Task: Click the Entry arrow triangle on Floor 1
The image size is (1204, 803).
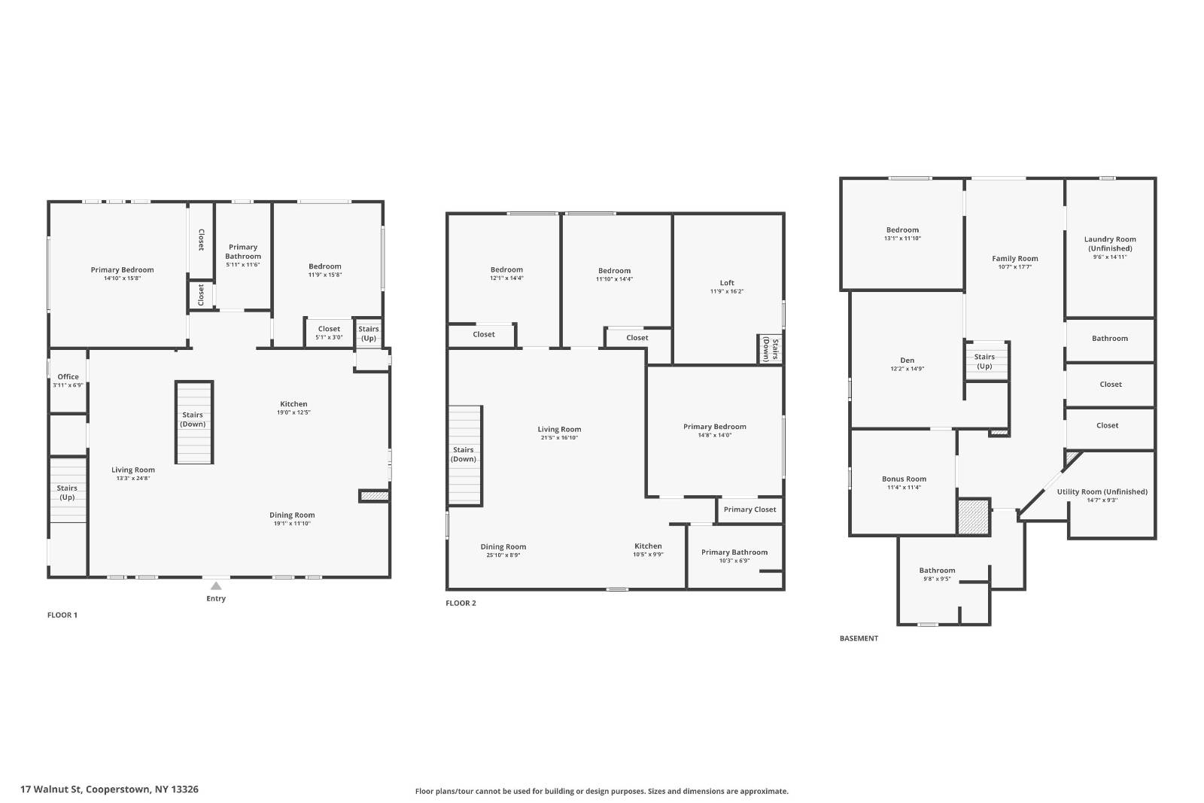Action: (x=216, y=586)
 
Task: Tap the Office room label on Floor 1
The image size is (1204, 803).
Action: (x=68, y=377)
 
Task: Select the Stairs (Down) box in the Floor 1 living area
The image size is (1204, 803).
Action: (x=193, y=420)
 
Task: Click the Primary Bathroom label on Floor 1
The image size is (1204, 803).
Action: (x=243, y=251)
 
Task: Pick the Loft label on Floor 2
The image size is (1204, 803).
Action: (x=727, y=283)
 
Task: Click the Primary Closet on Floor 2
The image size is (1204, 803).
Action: (x=749, y=509)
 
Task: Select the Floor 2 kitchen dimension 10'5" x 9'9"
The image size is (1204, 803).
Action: (x=648, y=555)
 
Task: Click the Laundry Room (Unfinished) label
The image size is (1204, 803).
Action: (x=1110, y=243)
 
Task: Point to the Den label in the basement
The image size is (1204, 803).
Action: (x=907, y=360)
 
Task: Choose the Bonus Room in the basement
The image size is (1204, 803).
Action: (x=904, y=479)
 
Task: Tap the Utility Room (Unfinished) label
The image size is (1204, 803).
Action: (x=1102, y=491)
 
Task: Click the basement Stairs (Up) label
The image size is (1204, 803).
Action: (x=984, y=361)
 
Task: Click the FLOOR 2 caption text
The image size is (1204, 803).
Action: (x=461, y=603)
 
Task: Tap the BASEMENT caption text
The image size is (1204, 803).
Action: (x=859, y=638)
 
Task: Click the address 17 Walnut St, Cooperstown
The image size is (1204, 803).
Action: (x=110, y=789)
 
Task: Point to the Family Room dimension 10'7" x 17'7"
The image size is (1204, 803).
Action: (x=1014, y=267)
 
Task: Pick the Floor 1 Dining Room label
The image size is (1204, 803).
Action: (x=292, y=516)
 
